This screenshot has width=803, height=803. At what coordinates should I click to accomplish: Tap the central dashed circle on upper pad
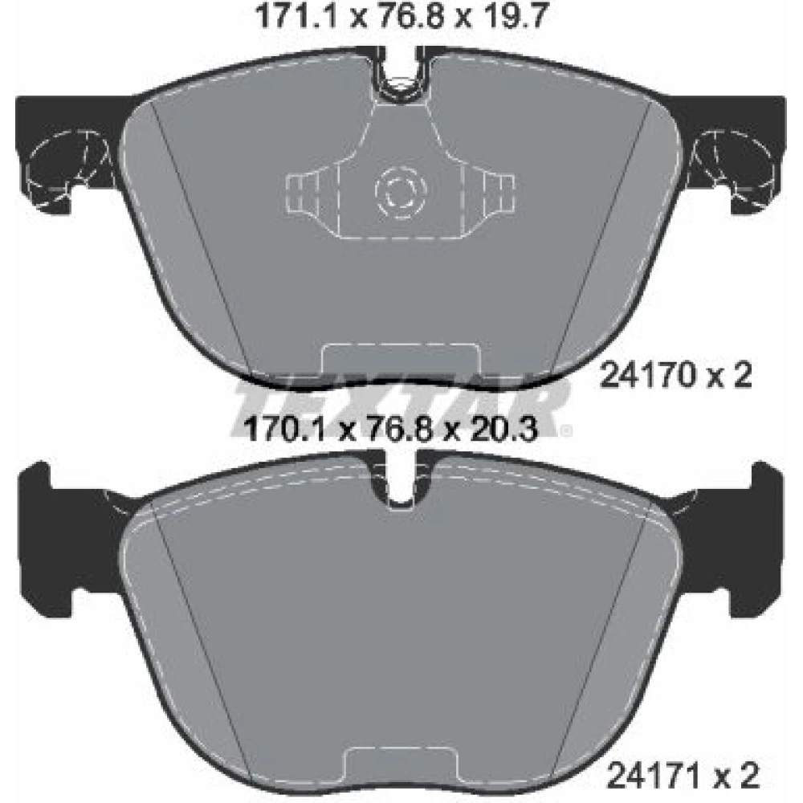click(398, 193)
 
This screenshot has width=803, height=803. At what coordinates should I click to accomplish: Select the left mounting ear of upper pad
click(67, 153)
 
